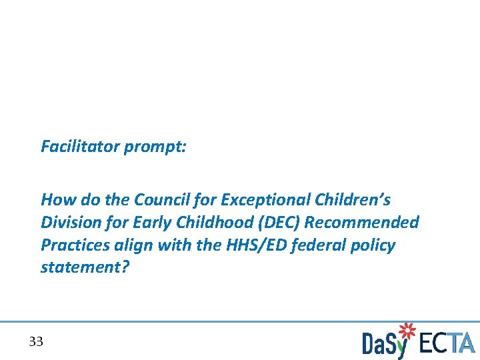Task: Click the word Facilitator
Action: coord(80,146)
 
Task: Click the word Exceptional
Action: coord(265,199)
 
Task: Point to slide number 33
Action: coord(36,342)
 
